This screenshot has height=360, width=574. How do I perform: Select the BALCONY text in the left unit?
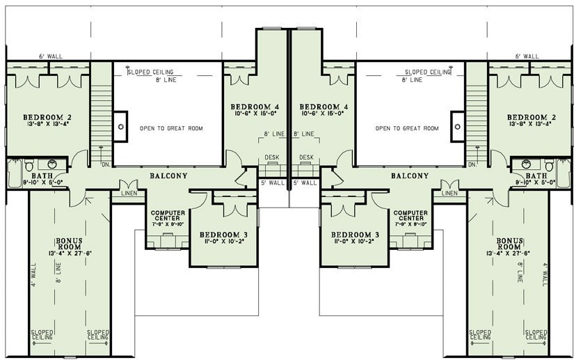pyautogui.click(x=168, y=176)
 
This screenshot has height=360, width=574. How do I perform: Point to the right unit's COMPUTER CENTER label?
pyautogui.click(x=410, y=217)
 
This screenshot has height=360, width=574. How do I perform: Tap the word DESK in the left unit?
pyautogui.click(x=272, y=157)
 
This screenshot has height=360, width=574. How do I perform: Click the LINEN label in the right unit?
pyautogui.click(x=449, y=193)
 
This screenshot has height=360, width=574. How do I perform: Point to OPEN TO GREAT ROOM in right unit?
pyautogui.click(x=407, y=128)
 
